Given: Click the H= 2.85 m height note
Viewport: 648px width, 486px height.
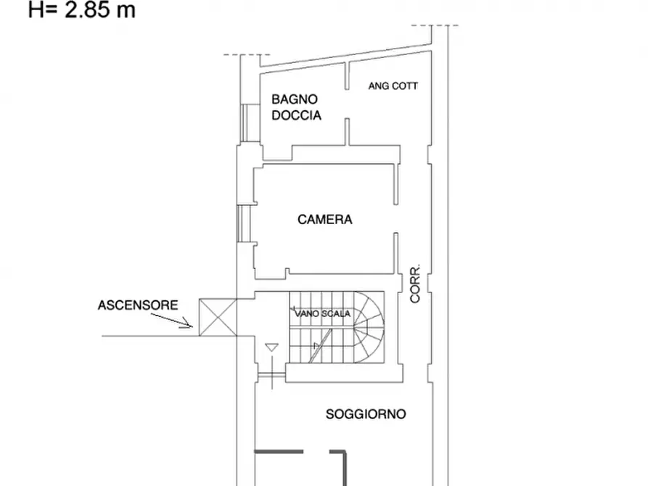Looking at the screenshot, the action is (x=82, y=9).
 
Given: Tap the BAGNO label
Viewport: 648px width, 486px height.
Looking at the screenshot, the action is (x=295, y=99).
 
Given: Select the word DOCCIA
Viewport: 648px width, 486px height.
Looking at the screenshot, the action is (x=296, y=115).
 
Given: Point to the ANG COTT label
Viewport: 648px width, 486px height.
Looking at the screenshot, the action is (x=393, y=86).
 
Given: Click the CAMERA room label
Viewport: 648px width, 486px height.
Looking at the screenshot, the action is (x=325, y=220).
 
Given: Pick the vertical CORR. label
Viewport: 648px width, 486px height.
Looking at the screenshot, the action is (x=415, y=284).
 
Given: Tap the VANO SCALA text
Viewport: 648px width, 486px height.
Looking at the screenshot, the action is (x=322, y=313).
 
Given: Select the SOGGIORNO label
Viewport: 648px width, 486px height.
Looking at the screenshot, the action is (x=366, y=414).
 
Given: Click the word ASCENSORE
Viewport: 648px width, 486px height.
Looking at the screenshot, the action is (x=138, y=305).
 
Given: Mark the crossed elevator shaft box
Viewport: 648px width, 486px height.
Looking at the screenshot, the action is (x=218, y=318).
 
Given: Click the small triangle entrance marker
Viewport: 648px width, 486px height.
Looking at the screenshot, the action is (x=271, y=347).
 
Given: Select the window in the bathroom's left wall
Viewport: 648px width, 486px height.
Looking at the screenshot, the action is (x=245, y=123).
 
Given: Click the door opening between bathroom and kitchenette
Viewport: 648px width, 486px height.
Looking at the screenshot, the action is (x=347, y=104).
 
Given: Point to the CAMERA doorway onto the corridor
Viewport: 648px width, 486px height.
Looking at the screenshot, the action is (x=396, y=218).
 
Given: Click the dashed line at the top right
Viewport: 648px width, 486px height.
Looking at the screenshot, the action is (x=435, y=25).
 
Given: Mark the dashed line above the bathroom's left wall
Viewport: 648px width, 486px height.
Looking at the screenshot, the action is (x=247, y=54).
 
